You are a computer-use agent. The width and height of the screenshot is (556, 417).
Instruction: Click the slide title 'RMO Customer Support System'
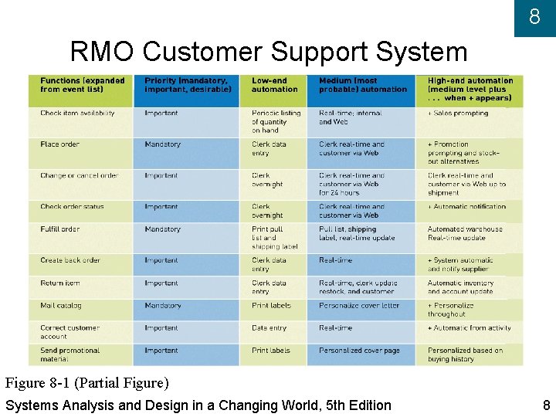point(269,53)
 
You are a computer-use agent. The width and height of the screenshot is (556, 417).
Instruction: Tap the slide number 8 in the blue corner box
point(534,16)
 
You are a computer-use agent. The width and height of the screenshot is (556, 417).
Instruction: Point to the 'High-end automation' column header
point(470,89)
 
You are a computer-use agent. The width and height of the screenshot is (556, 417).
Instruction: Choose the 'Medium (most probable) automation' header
point(362,85)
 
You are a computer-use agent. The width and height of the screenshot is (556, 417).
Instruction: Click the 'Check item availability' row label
point(77,114)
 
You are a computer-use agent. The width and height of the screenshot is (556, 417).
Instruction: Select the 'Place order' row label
point(60,144)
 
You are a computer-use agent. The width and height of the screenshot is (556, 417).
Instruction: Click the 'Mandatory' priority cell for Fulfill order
point(162,229)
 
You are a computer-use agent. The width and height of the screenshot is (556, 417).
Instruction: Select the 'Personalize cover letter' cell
point(359,306)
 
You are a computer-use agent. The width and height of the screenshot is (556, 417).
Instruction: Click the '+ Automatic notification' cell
point(467,207)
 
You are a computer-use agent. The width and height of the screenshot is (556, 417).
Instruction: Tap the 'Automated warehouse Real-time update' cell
point(465,233)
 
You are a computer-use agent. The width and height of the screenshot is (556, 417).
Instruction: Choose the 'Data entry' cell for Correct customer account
point(269,328)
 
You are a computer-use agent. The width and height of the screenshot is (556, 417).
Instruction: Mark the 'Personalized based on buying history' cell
point(465,354)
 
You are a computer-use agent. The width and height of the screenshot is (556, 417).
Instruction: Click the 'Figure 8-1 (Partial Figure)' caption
point(86,383)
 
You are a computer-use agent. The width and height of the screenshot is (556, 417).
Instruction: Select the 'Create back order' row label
point(70,261)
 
